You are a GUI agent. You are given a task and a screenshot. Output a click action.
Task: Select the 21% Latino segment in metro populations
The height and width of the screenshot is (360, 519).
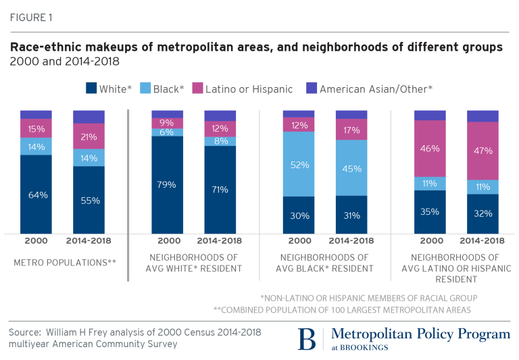click(89, 136)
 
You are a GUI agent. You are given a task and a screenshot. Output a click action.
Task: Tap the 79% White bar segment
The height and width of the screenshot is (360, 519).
click(168, 184)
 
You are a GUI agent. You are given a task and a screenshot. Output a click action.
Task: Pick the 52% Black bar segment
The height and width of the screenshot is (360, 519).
click(299, 164)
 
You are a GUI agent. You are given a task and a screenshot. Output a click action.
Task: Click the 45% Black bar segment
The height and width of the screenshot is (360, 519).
click(351, 168)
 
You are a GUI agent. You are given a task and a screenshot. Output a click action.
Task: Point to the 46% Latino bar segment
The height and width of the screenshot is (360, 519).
click(430, 149)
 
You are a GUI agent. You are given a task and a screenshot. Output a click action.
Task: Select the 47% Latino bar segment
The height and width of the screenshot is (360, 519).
click(483, 151)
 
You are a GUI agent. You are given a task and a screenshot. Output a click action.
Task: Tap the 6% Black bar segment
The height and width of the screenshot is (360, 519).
click(168, 132)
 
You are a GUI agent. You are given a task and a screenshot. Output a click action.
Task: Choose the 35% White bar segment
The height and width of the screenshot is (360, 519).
click(430, 211)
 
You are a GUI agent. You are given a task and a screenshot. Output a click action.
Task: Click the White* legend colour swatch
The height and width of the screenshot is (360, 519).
click(91, 88)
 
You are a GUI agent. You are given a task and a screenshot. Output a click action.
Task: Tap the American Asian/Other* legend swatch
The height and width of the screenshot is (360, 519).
click(312, 88)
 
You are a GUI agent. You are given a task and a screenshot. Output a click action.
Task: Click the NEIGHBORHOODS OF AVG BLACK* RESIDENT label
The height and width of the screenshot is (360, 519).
click(325, 263)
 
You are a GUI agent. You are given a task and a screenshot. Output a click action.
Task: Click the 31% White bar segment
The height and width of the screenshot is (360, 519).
click(351, 215)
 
